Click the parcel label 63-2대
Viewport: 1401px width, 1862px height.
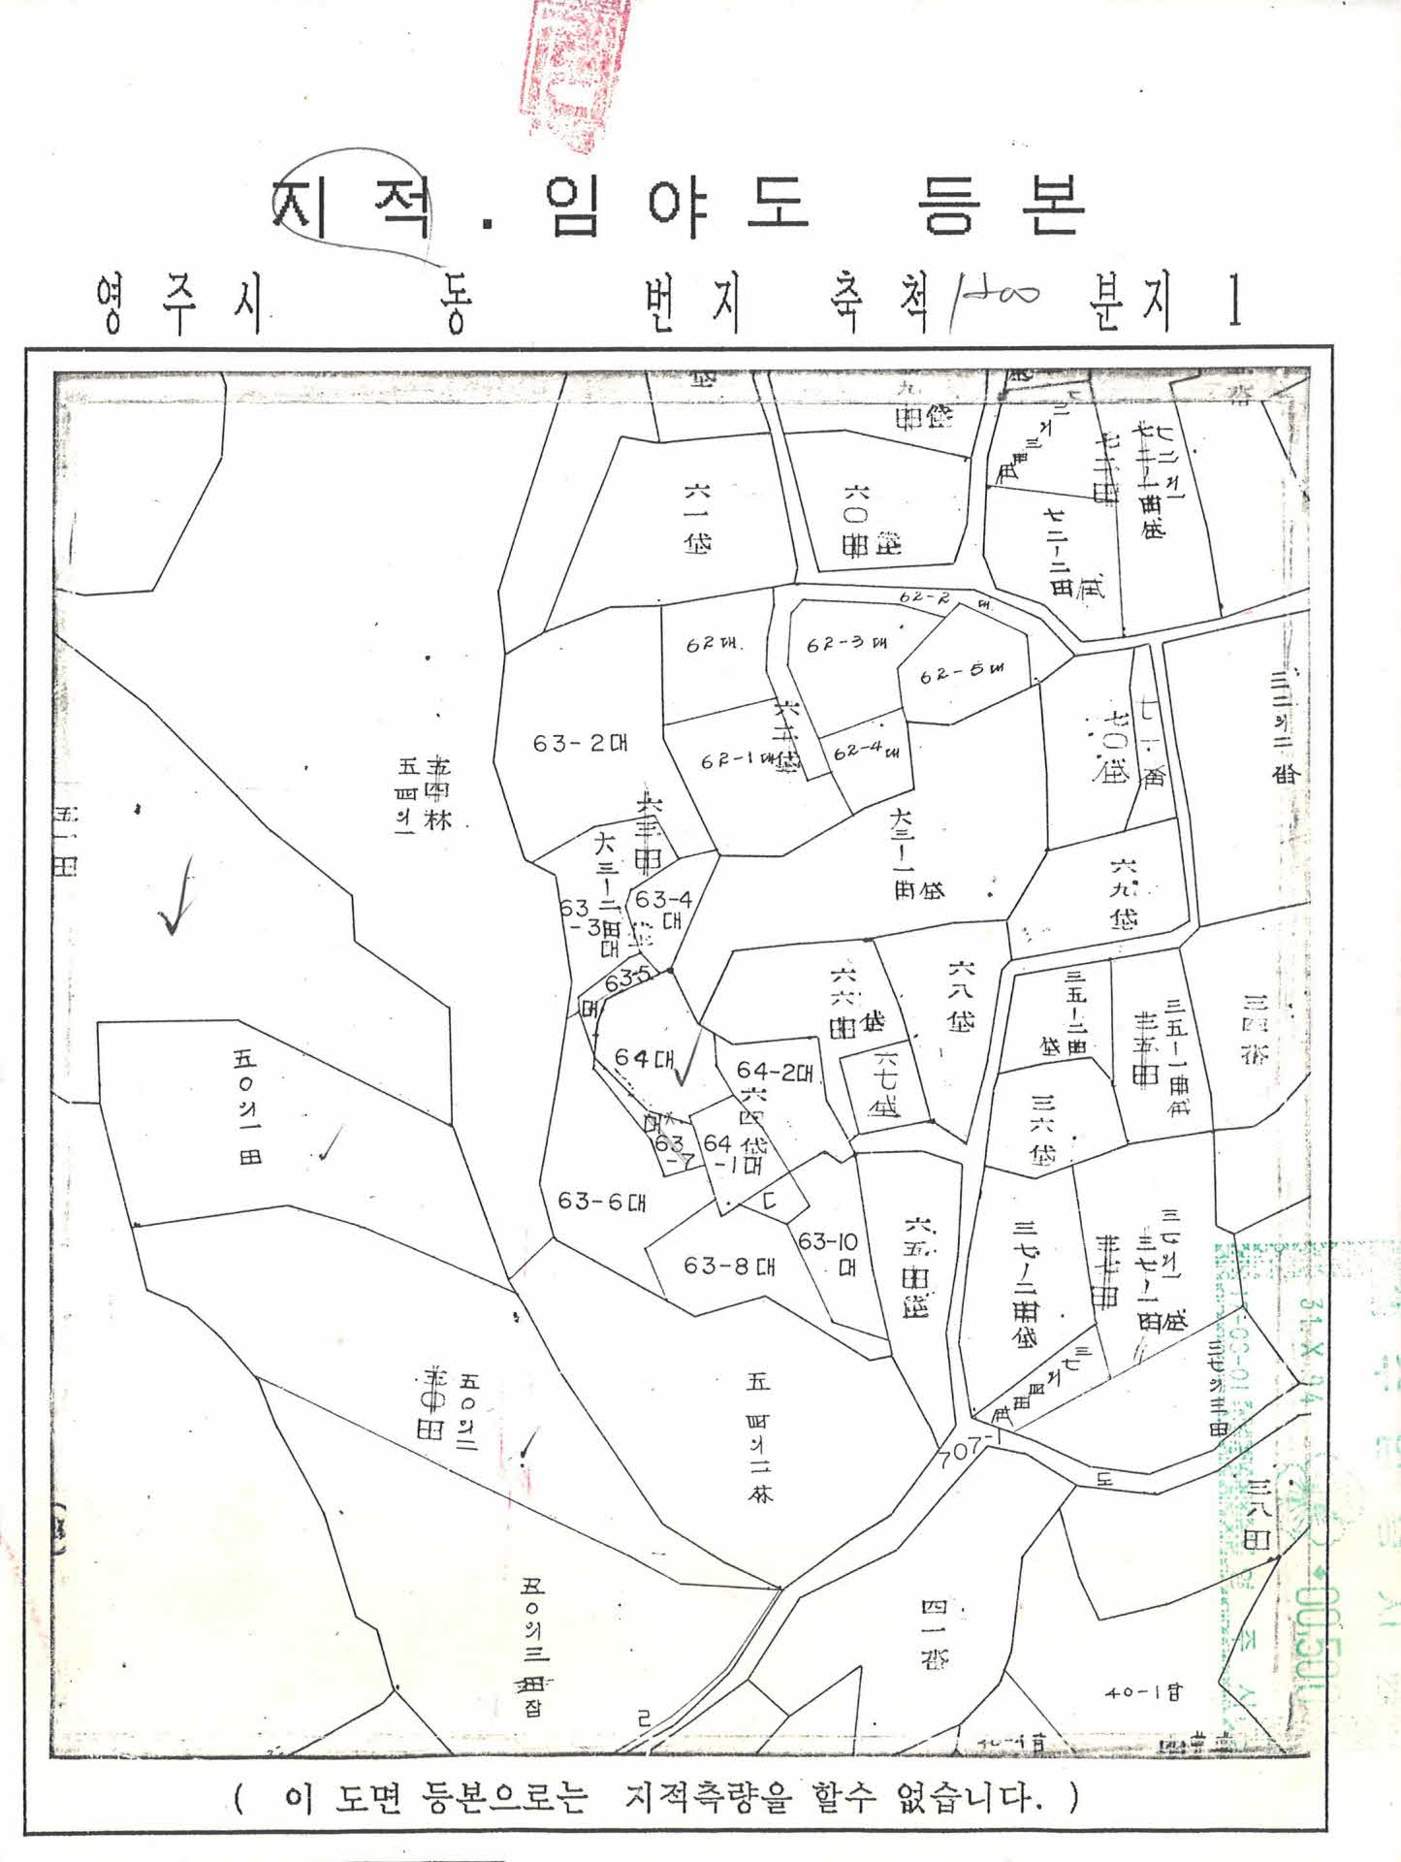coord(580,744)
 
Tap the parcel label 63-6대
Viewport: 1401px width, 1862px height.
coord(601,1202)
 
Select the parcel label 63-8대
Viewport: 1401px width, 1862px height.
coord(729,1266)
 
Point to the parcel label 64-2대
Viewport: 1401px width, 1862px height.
coord(774,1071)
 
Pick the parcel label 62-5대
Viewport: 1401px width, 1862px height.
coord(961,672)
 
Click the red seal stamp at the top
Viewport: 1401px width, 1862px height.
coord(574,73)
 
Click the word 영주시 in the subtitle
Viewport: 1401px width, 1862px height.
coord(180,303)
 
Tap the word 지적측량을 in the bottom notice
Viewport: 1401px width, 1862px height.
coord(708,1798)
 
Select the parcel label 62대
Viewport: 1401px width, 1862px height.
coord(714,644)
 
